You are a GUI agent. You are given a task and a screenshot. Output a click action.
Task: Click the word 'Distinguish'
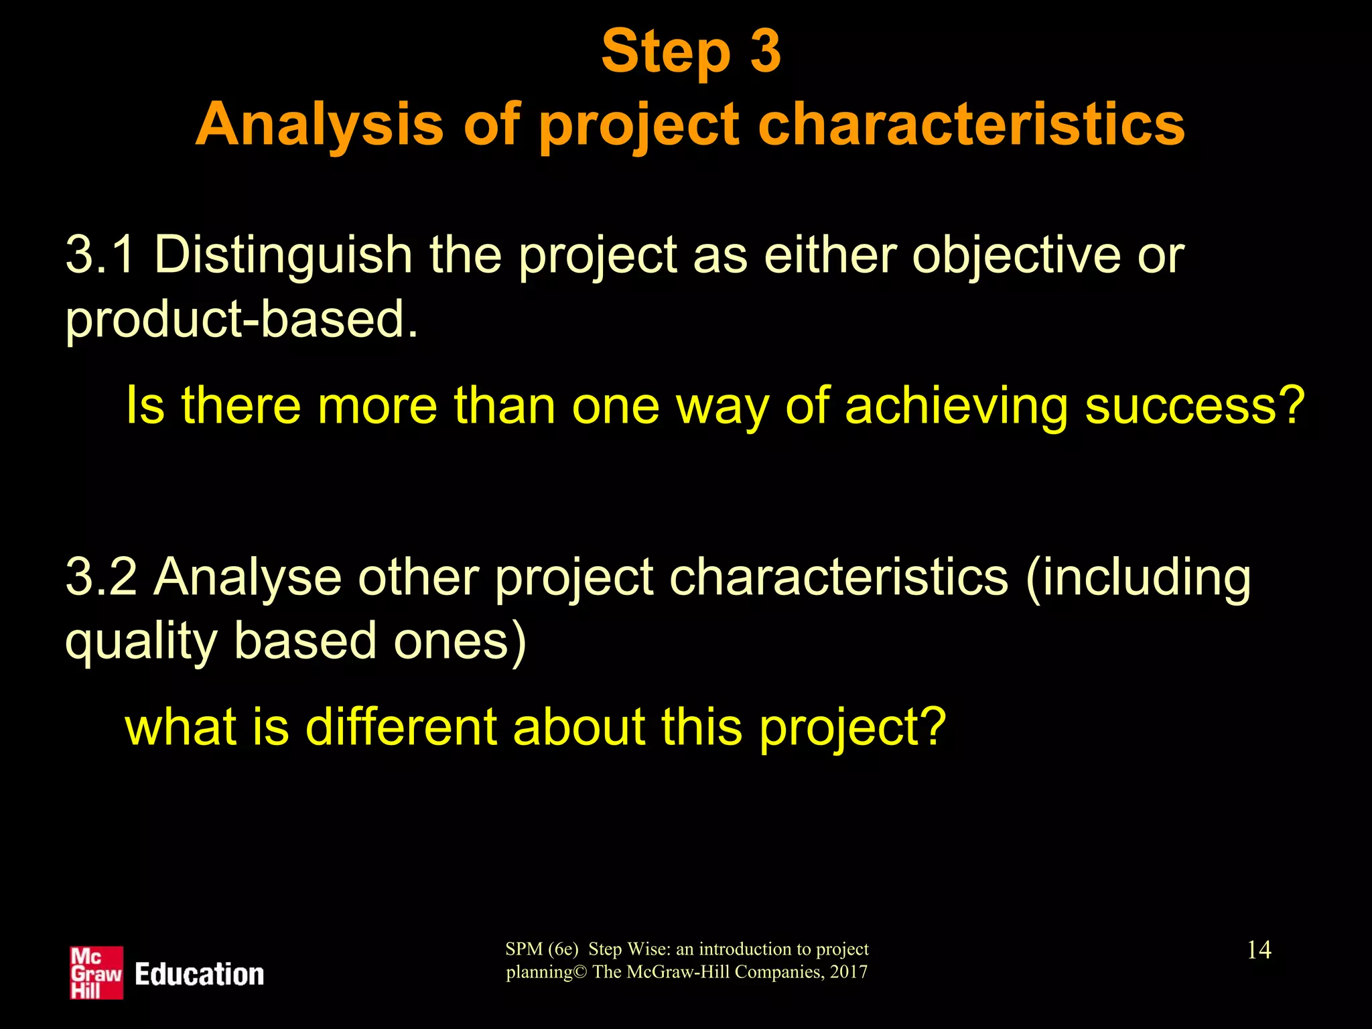(x=283, y=257)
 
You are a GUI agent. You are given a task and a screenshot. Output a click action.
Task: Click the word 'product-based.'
(x=241, y=319)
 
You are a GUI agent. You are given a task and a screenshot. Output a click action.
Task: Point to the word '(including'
(x=1138, y=578)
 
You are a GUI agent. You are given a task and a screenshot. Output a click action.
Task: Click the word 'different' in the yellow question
(x=400, y=728)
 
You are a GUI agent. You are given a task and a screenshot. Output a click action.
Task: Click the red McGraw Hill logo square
(x=96, y=973)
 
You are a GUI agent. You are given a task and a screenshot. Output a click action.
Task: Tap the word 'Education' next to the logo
(x=199, y=975)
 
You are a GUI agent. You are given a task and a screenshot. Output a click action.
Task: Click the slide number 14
(x=1259, y=950)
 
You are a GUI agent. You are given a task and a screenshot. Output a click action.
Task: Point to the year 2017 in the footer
(x=848, y=972)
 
